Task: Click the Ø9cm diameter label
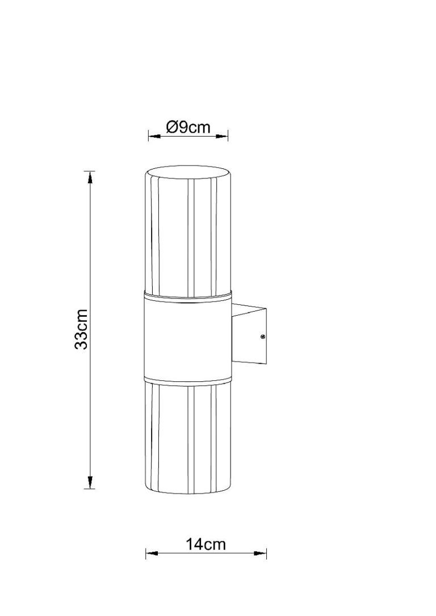188,128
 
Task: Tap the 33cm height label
81,329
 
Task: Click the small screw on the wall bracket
262,337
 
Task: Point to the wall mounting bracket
249,334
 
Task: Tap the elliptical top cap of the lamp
188,173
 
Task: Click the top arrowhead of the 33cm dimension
90,177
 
